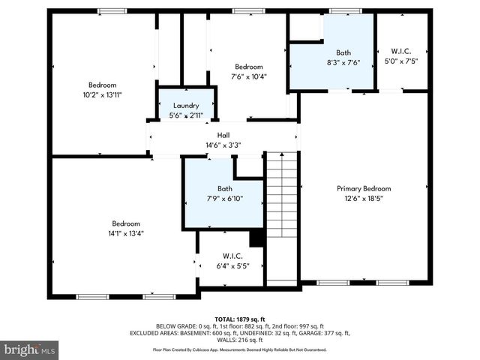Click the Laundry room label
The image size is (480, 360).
point(185,106)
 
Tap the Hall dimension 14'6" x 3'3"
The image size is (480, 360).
point(223,145)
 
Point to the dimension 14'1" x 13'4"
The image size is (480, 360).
point(126,233)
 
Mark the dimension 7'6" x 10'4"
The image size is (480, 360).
point(248,76)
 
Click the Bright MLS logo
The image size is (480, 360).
point(30,349)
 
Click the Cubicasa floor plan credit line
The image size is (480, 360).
point(240,349)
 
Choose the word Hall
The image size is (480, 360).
point(223,136)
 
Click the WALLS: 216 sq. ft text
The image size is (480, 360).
point(240,340)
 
